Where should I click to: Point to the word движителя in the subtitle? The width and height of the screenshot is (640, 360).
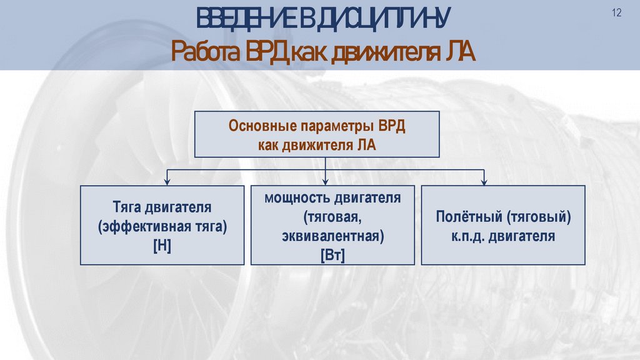click(382, 53)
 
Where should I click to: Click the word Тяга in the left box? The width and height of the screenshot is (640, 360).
click(127, 207)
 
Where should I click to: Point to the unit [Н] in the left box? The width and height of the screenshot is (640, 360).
click(162, 246)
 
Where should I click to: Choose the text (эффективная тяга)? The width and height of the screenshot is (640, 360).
click(162, 226)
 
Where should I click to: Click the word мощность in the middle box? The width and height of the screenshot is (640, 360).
click(297, 199)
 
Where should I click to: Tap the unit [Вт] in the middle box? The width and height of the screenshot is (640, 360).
click(332, 256)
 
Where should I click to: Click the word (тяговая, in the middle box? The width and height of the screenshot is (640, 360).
click(332, 217)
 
